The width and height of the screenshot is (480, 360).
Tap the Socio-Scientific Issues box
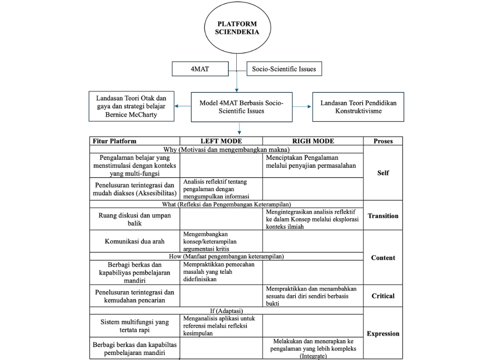(284, 69)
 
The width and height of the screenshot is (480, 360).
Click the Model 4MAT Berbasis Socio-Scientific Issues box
(241, 107)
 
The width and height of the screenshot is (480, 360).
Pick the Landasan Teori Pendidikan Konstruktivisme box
(358, 107)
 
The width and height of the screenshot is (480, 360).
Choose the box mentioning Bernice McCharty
(131, 106)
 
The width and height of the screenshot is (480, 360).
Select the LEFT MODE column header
(221, 141)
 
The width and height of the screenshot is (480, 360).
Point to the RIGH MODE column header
(313, 141)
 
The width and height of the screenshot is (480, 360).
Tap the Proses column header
(383, 141)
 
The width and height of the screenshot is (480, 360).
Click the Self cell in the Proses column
(383, 173)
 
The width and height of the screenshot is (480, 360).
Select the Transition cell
(383, 216)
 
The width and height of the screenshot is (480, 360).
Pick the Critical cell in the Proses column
(383, 296)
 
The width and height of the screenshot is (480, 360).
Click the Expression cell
(383, 333)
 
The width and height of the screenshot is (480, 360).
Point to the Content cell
(383, 257)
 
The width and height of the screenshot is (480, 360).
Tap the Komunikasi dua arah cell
(135, 241)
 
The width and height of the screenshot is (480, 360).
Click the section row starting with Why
(226, 150)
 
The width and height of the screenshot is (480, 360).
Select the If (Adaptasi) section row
(226, 310)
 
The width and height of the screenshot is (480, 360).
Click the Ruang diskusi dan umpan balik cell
(135, 219)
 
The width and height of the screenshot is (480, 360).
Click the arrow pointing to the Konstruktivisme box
(303, 107)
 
